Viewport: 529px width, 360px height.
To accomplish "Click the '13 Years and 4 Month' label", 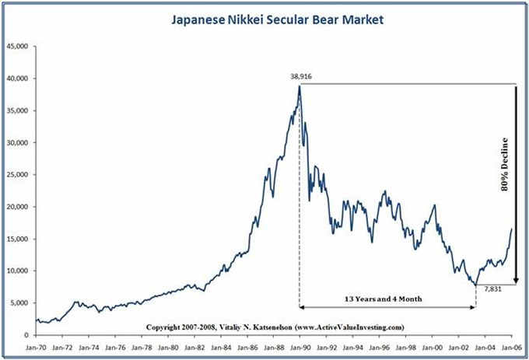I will tap(386, 299).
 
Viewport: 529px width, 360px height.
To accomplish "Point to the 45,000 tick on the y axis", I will tap(17, 47).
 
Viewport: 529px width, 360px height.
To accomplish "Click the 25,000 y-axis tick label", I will tap(17, 175).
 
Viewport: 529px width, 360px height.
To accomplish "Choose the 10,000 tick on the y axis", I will tap(17, 271).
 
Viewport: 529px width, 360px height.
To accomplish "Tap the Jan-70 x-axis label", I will tap(37, 348).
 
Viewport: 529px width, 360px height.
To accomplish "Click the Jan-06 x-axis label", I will tap(510, 348).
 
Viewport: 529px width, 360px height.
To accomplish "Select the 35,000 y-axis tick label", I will tap(17, 111).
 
